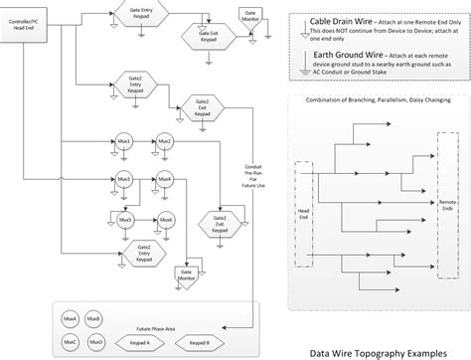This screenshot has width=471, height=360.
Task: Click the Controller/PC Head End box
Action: [32, 25]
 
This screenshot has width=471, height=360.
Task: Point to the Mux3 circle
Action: [125, 179]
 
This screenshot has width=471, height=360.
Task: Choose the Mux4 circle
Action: [166, 179]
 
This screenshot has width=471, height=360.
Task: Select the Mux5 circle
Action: [125, 219]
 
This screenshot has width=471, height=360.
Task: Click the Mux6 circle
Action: [166, 219]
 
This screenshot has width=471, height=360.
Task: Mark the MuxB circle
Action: [93, 317]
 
